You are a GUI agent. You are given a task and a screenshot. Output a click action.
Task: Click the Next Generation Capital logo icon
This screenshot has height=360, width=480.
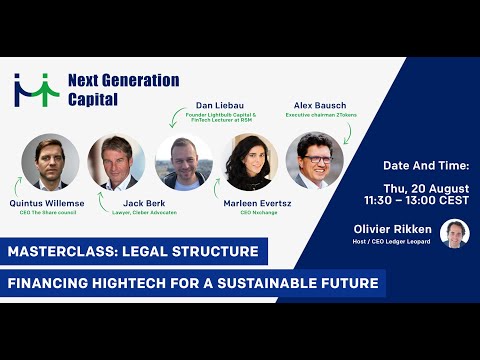[x=36, y=91]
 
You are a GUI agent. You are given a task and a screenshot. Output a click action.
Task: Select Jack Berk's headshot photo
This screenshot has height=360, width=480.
[x=116, y=162]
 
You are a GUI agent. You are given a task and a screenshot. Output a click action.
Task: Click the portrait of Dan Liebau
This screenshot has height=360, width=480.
[x=185, y=162]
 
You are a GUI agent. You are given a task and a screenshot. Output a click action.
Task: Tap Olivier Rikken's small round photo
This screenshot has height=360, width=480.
[x=455, y=233]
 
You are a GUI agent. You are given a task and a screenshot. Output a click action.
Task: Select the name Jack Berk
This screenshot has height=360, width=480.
[x=129, y=204]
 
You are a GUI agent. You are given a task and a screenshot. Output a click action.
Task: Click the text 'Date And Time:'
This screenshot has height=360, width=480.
[x=426, y=163]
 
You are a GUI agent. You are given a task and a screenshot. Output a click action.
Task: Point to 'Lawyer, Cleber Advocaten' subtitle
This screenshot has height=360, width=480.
[x=131, y=215]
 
